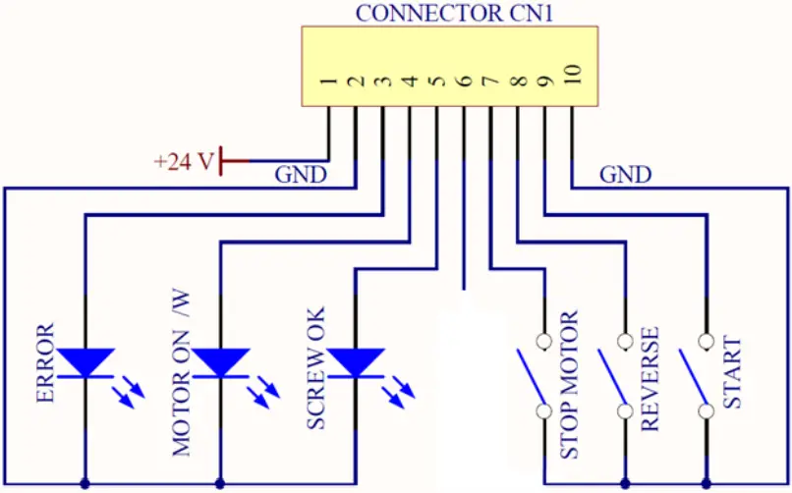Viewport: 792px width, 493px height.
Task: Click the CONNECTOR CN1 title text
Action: point(450,14)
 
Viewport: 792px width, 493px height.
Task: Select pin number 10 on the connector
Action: point(573,76)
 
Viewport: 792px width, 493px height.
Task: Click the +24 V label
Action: point(183,161)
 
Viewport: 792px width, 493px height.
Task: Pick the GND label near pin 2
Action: point(300,176)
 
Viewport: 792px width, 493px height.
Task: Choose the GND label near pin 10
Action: point(625,176)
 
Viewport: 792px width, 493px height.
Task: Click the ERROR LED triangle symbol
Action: point(85,362)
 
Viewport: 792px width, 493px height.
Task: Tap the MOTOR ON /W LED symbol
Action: point(219,362)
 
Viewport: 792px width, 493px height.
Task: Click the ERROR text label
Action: point(44,362)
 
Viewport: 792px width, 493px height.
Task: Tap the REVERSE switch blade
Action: point(612,376)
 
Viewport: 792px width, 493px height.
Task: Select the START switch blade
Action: point(694,376)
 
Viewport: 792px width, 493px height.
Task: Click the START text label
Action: point(732,374)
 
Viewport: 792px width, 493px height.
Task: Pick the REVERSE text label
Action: point(650,378)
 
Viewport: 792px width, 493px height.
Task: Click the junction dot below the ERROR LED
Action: point(85,483)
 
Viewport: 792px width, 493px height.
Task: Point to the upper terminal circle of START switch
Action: point(705,343)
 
